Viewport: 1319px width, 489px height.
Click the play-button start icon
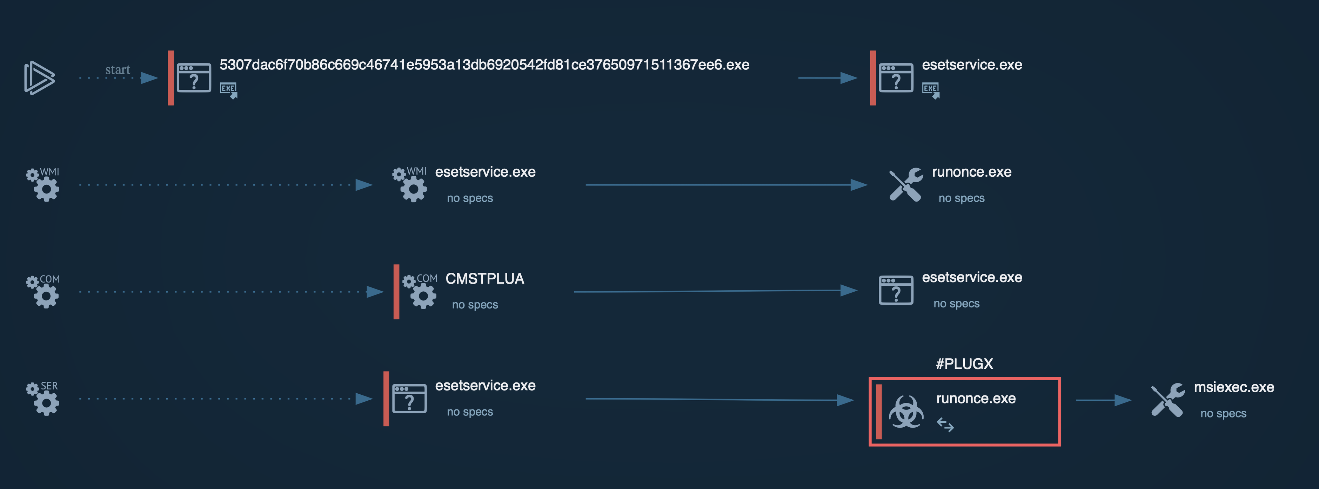(39, 78)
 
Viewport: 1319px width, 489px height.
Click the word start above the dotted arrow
(118, 69)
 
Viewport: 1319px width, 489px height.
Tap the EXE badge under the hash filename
(228, 90)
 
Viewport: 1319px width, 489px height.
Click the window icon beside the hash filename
(194, 78)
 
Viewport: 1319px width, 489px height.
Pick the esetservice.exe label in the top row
(972, 65)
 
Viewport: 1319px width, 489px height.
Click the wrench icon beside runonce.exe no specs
(906, 185)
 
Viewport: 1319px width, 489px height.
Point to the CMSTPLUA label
(485, 279)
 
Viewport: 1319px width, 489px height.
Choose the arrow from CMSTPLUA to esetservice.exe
(716, 291)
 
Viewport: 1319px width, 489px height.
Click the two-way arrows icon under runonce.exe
(945, 425)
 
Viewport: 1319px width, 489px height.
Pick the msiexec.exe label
(1234, 387)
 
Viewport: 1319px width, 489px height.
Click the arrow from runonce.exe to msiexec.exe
(1104, 400)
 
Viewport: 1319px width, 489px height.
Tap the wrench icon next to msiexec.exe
(1168, 400)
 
